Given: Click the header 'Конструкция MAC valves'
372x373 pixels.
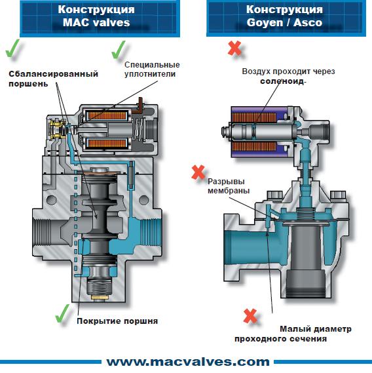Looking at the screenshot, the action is (x=96, y=16).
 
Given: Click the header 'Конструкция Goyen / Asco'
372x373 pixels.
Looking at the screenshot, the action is (x=284, y=16).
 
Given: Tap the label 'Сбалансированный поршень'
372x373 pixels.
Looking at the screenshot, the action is (x=53, y=79).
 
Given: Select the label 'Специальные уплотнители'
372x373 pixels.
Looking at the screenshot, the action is (x=152, y=69).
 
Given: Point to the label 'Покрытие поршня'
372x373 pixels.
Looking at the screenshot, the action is (x=117, y=321).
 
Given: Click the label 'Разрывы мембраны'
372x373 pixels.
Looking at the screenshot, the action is (x=229, y=186).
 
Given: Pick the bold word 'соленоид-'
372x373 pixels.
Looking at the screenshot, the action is (x=283, y=81).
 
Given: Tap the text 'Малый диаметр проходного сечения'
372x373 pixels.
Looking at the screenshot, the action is (x=293, y=334).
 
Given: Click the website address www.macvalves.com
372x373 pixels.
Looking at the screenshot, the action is (x=188, y=362).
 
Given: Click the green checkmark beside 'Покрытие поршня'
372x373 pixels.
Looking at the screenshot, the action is (x=62, y=313).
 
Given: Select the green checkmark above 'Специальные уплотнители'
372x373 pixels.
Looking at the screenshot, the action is (x=119, y=50).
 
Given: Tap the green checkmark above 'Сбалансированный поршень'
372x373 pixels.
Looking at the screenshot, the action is (x=12, y=49).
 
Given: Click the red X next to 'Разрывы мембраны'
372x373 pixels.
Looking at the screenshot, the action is (x=198, y=172).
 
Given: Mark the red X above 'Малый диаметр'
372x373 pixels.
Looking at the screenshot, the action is (x=250, y=316).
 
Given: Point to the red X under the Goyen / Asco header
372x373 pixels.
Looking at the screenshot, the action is (x=234, y=49).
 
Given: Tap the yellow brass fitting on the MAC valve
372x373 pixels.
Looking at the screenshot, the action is (x=57, y=129).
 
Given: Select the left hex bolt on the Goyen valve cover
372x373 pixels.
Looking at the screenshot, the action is (x=275, y=195).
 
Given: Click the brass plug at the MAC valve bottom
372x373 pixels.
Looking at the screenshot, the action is (x=101, y=298).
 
